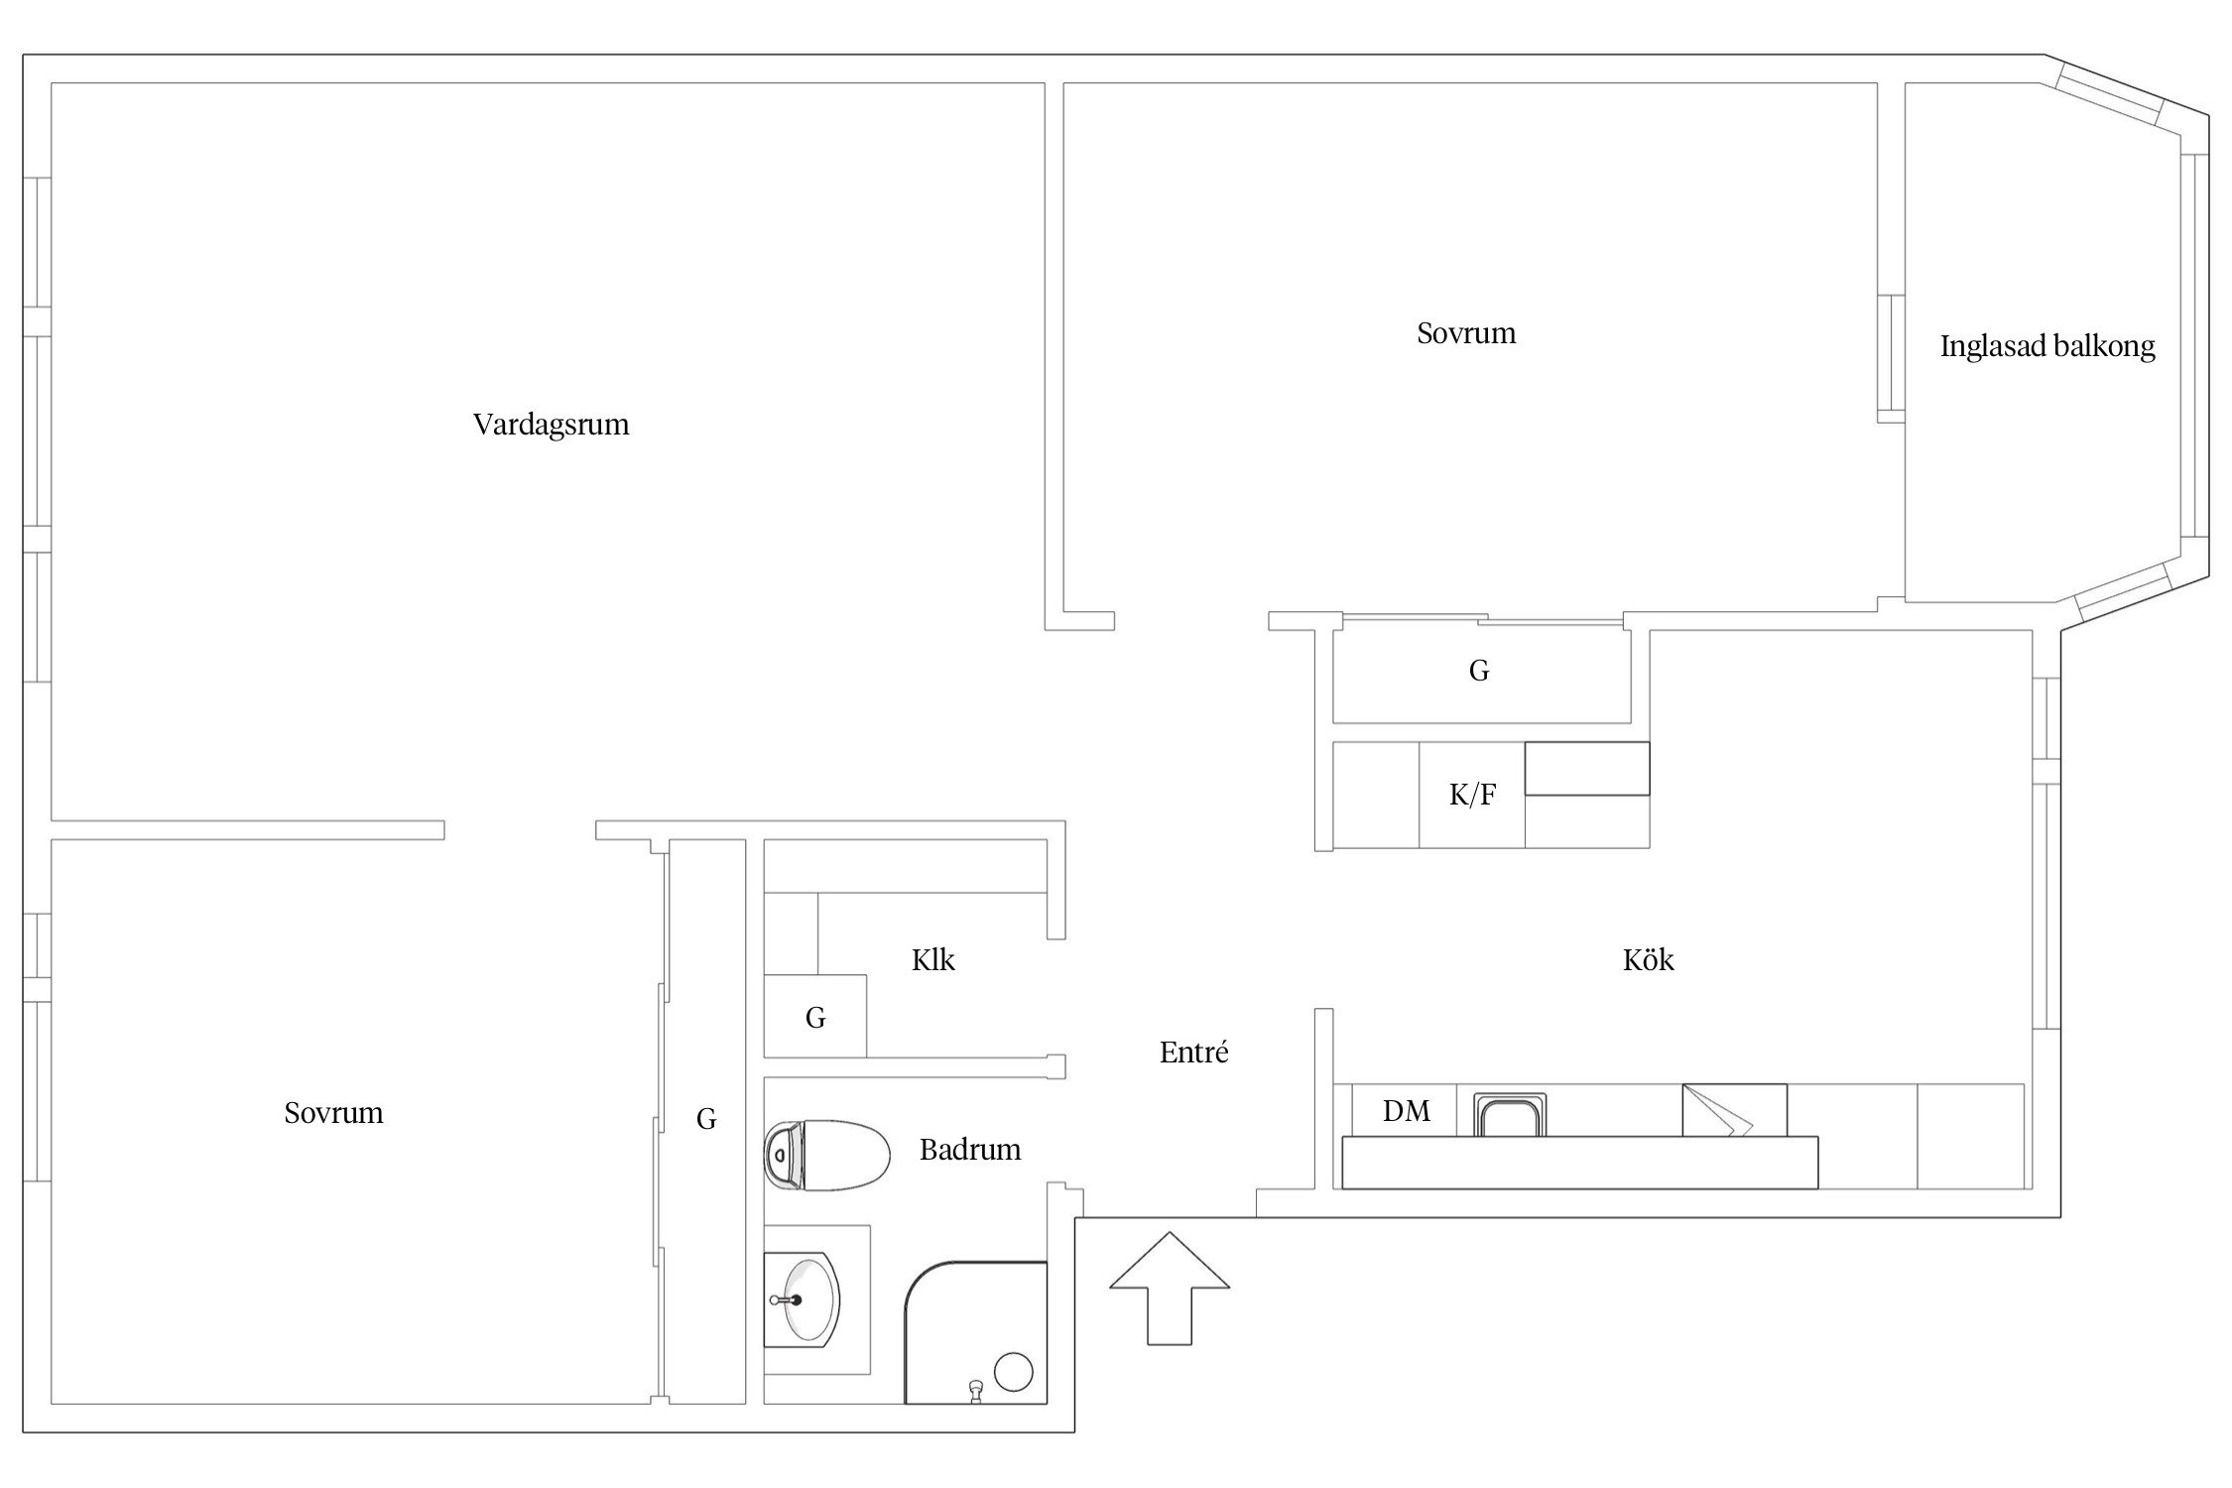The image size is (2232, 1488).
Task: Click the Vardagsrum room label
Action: pos(551,425)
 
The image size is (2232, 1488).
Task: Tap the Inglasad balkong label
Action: pos(2047,346)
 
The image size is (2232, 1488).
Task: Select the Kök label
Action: pos(1649,959)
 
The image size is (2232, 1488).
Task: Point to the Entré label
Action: pos(1193,1052)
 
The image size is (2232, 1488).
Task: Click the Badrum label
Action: pos(970,1149)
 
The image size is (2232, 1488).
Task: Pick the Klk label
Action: pos(933,959)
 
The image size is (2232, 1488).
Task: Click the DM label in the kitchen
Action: pos(1407,1111)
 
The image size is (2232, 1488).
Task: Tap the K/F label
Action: pos(1472,795)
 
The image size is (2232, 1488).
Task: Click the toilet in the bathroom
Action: pos(826,1155)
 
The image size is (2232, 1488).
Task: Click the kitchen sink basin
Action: pos(1510,1114)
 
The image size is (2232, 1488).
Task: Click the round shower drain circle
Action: pos(1014,1372)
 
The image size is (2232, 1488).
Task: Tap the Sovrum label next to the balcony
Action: pos(1466,333)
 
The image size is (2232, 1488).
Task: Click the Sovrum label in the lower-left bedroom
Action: pos(333,1113)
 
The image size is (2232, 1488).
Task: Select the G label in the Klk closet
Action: pos(815,1017)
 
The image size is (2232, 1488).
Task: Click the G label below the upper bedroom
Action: pos(1479,671)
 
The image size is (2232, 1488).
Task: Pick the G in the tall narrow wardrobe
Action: pos(706,1119)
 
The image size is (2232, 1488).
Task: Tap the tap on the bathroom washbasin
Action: pos(786,1299)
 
